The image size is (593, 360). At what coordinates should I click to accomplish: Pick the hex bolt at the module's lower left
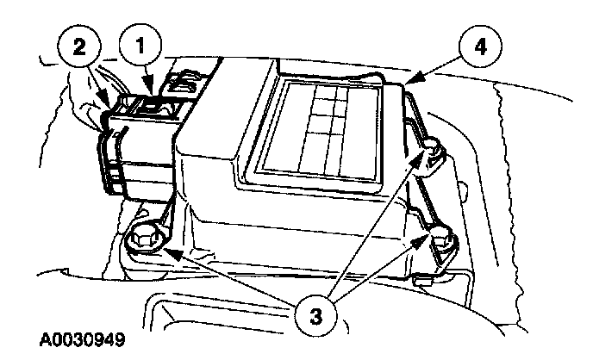tap(144, 238)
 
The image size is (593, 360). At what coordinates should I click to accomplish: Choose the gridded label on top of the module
tap(324, 125)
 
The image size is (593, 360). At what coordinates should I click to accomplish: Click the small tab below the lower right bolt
tap(422, 279)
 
